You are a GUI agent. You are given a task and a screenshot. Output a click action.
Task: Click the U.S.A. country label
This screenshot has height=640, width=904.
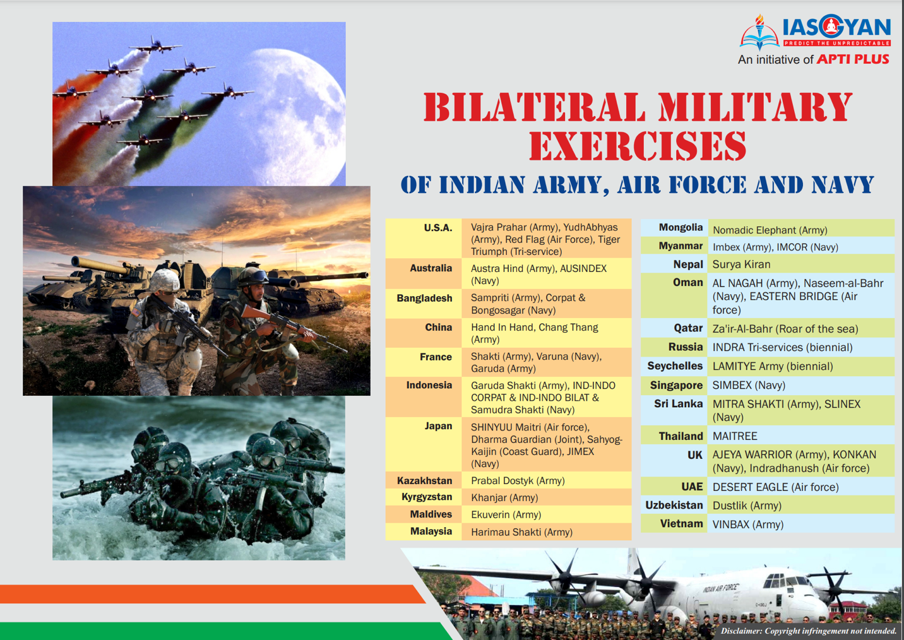[438, 228]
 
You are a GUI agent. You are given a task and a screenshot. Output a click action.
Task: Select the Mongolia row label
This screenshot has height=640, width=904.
[681, 228]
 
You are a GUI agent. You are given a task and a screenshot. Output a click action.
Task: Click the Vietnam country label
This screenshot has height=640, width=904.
[681, 524]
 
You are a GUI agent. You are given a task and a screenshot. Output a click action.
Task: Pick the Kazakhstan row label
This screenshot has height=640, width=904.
[425, 480]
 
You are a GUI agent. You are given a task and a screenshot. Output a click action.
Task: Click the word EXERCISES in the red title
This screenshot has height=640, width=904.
[638, 146]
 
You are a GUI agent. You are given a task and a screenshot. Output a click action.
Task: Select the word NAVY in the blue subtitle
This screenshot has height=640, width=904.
[843, 185]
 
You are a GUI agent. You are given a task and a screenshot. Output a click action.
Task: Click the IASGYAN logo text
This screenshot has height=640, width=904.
[836, 27]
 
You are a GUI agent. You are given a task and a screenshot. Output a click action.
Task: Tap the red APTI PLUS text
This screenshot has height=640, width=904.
[853, 60]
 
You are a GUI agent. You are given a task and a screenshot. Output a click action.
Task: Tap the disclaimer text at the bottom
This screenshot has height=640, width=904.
[809, 631]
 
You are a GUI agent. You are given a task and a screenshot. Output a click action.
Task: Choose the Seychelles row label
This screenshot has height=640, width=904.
[675, 366]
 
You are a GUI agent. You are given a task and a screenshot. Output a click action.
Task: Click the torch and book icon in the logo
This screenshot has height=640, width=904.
[759, 33]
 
